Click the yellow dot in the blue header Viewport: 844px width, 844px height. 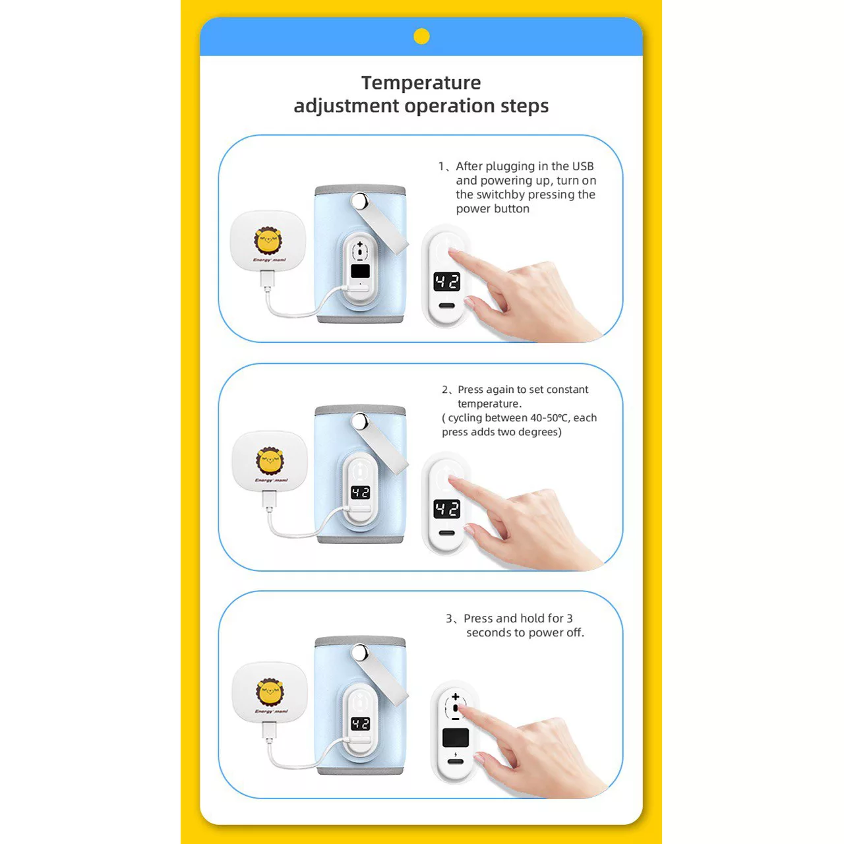coord(421,36)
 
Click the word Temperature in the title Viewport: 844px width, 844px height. coord(421,83)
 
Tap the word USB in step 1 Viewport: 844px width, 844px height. coord(582,166)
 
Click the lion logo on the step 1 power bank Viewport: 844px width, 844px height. coord(268,241)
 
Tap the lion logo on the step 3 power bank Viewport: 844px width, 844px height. coord(270,692)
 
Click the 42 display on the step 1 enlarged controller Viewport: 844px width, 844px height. coord(447,282)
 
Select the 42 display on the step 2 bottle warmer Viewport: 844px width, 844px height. coord(361,493)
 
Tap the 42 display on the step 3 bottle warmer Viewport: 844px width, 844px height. coord(361,724)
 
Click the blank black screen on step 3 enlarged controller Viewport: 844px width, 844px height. coord(456,738)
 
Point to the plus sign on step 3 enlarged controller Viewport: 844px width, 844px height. coord(456,696)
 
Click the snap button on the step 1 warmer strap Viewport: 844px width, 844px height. coord(359,201)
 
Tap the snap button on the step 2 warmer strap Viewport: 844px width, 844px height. coord(359,421)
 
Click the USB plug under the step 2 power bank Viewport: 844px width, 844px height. coord(270,499)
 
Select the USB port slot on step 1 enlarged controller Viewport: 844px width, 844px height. coord(447,306)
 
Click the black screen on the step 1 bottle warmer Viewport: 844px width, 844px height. coord(361,271)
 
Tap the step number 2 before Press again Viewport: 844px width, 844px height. coord(445,390)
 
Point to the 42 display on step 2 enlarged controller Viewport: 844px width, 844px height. coord(447,509)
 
